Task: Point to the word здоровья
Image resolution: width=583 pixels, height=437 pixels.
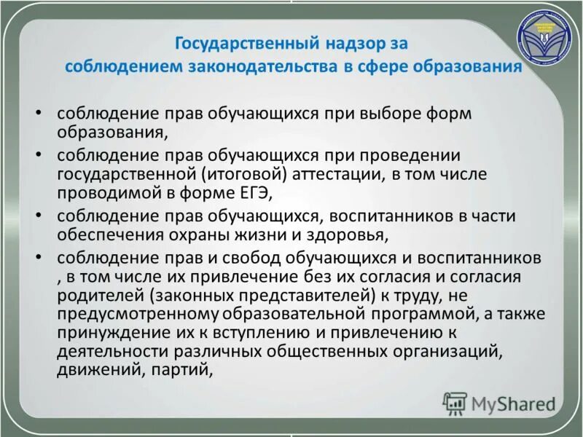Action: tap(349, 235)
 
